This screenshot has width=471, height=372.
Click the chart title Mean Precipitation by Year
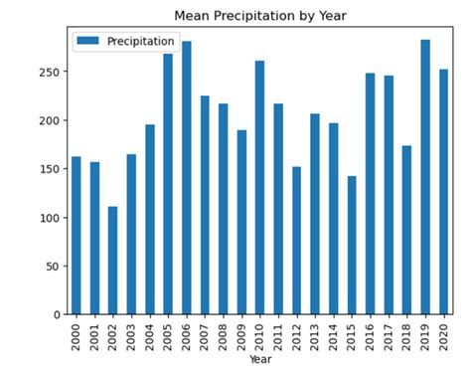click(x=259, y=16)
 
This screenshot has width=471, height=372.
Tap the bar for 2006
click(x=187, y=178)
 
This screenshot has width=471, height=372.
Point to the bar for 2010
click(x=260, y=188)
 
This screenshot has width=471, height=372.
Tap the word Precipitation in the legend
click(x=141, y=41)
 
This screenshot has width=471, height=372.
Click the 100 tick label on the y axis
click(x=50, y=218)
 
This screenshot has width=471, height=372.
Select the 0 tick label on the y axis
click(x=58, y=314)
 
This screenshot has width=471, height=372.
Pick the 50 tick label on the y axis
click(x=54, y=267)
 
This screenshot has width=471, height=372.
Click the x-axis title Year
click(x=260, y=359)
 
